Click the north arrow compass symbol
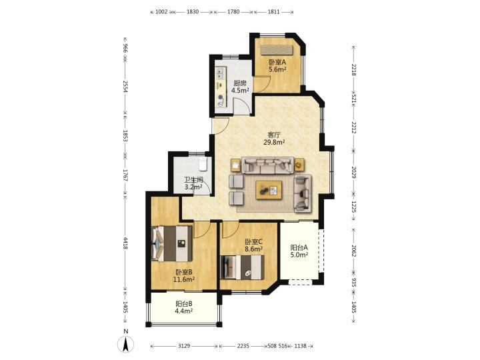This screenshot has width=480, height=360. (126, 344)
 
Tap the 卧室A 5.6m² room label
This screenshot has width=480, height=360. (277, 65)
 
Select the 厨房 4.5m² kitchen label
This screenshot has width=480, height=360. (240, 87)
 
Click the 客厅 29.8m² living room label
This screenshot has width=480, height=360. (274, 138)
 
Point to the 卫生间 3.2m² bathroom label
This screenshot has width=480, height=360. (193, 183)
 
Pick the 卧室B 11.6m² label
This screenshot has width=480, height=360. (184, 275)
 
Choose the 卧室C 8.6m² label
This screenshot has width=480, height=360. (254, 245)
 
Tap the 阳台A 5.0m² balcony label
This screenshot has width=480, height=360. (299, 251)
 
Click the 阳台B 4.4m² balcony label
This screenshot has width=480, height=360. (184, 307)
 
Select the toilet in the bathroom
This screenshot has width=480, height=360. (203, 164)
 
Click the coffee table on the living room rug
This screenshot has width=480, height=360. (269, 190)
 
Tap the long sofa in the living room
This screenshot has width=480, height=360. (268, 165)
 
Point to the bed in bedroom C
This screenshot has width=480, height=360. (243, 267)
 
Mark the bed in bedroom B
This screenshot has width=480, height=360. (172, 244)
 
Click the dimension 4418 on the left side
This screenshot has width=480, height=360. (125, 243)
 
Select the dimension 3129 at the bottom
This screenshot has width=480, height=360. (184, 346)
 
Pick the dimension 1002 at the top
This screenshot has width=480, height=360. (161, 12)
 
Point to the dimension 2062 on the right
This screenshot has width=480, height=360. (354, 251)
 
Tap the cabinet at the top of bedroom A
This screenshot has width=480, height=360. (277, 49)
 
